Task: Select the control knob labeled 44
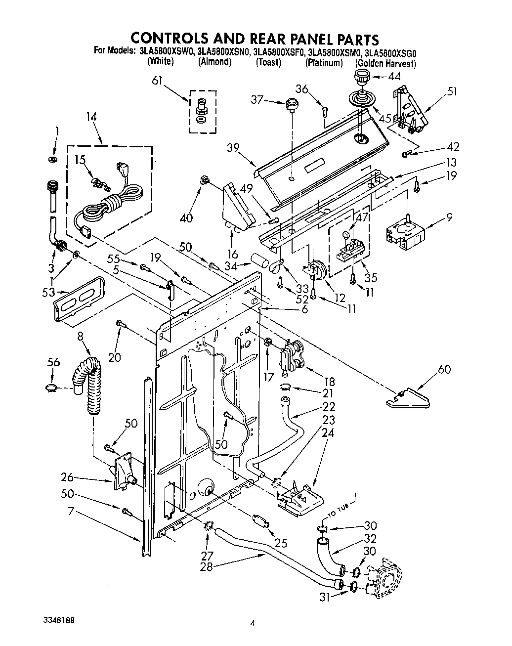362,77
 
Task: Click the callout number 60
444,369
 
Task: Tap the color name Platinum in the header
324,63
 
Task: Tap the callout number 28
206,567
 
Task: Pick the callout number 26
68,477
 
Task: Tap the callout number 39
234,148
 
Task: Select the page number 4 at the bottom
252,624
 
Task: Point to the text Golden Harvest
385,64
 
